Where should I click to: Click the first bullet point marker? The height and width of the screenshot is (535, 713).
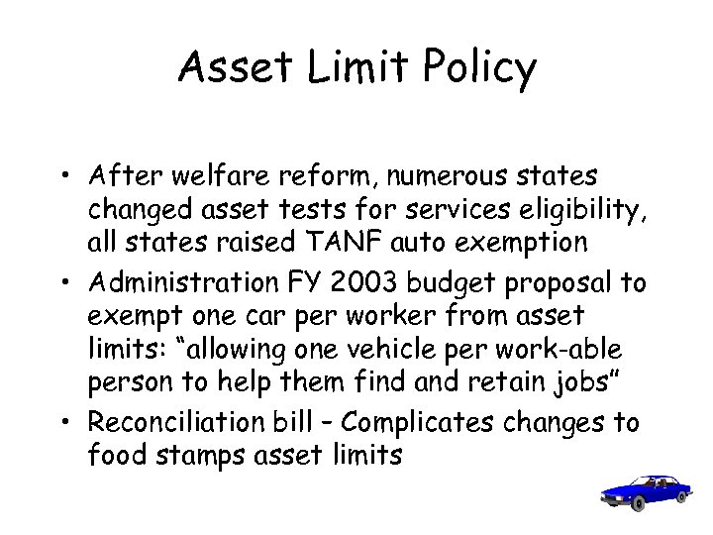click(72, 176)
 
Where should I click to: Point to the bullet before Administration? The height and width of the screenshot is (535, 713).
click(72, 284)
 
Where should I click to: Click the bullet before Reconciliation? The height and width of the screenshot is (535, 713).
click(72, 422)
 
